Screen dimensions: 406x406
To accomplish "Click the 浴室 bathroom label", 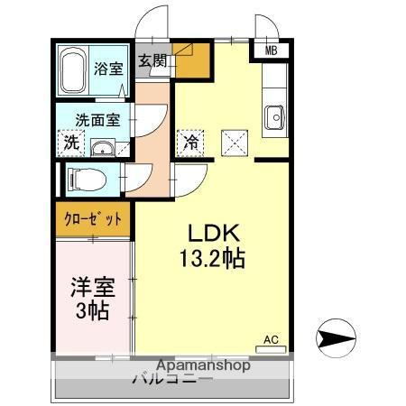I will (x=109, y=69).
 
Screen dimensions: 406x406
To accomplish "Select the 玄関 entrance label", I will (x=152, y=62).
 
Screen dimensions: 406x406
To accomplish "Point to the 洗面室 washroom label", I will (x=97, y=118).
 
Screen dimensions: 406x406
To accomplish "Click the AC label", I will (x=271, y=340).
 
